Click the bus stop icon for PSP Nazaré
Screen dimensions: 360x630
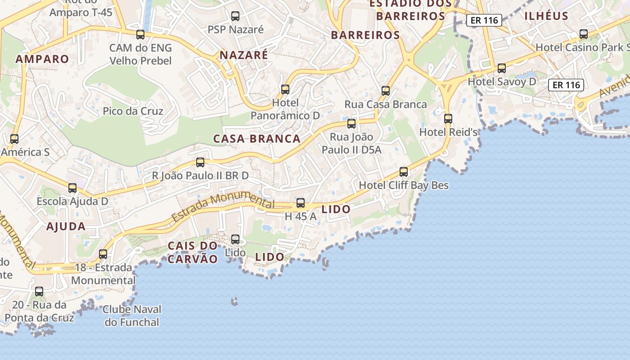click(235, 16)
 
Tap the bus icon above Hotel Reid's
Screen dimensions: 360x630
click(448, 119)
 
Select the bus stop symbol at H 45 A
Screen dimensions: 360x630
click(301, 203)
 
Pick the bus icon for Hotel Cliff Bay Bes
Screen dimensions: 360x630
click(404, 172)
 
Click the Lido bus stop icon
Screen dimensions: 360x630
click(235, 239)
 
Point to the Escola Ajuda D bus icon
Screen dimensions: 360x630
click(72, 188)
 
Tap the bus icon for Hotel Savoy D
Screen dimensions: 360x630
click(502, 68)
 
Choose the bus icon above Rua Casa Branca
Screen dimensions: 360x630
click(386, 91)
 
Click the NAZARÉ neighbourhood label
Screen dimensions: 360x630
click(243, 55)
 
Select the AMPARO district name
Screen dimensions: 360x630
click(42, 59)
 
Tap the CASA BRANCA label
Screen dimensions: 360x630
click(256, 139)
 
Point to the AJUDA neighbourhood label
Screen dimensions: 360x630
click(66, 226)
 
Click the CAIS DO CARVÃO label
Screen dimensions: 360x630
click(193, 252)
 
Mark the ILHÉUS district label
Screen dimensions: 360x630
click(546, 16)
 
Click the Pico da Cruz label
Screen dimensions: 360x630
click(133, 111)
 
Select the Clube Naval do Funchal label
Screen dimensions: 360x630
click(132, 316)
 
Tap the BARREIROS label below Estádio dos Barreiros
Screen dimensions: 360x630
click(365, 35)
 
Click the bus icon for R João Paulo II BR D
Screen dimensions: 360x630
click(200, 162)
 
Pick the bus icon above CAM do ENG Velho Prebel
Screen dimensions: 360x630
click(140, 35)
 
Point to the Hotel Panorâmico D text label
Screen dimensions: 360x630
click(285, 109)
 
